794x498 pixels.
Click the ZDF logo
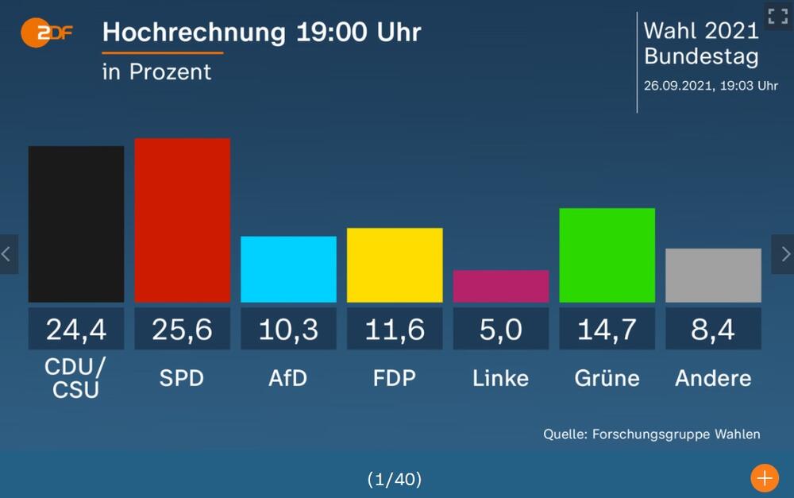coord(47,33)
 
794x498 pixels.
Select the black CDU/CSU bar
coord(76,224)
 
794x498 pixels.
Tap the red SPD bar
coord(183,220)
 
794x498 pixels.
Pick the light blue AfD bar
coord(288,269)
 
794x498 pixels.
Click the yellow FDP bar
coord(395,265)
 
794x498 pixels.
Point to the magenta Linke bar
coord(501,286)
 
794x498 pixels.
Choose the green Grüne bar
coord(607,255)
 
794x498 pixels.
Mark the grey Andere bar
coord(713,275)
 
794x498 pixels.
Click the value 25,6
coord(183,329)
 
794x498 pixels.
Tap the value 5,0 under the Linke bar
coord(501,329)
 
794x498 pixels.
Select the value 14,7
coord(607,329)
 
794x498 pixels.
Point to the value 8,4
coord(713,329)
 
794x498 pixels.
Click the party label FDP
coord(395,378)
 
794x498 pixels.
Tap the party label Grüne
coord(607,378)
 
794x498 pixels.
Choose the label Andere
coord(713,378)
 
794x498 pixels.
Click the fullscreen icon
coord(777,17)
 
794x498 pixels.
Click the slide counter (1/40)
coord(395,479)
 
